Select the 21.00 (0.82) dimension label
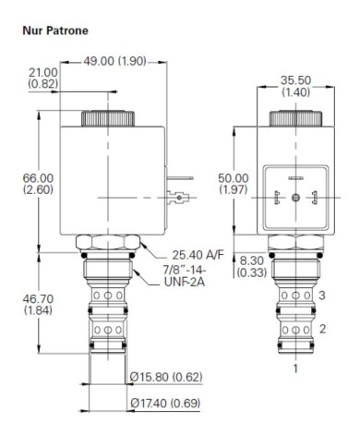click(43, 79)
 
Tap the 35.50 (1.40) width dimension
click(296, 85)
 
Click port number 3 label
click(322, 296)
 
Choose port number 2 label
click(322, 327)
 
